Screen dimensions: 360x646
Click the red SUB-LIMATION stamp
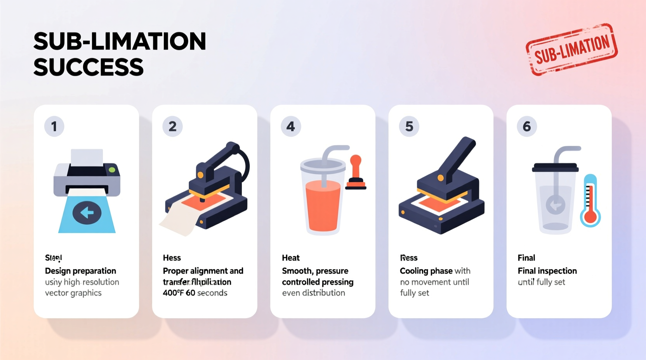point(571,49)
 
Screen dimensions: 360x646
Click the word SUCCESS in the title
point(89,67)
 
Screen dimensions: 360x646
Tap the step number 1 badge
point(54,126)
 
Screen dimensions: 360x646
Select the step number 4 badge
point(290,126)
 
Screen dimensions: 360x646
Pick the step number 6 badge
point(526,126)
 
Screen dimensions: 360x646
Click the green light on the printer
point(112,170)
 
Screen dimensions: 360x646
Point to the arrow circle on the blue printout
point(87,212)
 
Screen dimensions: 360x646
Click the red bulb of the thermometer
point(590,217)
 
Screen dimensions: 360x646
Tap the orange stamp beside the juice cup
point(356,172)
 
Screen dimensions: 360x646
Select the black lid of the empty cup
point(555,168)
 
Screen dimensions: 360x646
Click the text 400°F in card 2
point(173,293)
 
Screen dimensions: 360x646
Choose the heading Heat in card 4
point(291,258)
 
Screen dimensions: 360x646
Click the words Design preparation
point(80,271)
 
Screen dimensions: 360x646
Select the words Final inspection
point(547,271)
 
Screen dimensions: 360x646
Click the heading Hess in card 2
point(172,258)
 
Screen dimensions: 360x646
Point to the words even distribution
point(313,293)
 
